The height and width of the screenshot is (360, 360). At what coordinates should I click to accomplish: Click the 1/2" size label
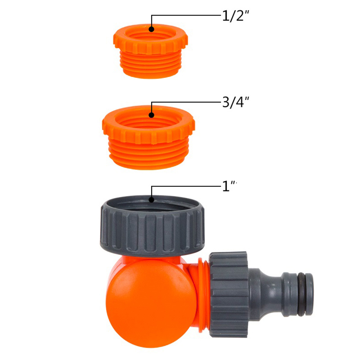(x=236, y=16)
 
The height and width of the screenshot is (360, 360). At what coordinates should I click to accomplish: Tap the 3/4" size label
(x=236, y=102)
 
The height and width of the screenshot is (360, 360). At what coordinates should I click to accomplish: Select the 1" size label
(x=229, y=186)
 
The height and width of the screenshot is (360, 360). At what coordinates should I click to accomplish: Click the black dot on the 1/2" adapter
(x=151, y=29)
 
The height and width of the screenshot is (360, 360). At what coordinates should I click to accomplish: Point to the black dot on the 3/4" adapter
(x=151, y=115)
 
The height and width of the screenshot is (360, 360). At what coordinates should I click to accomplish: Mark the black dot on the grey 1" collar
(x=151, y=199)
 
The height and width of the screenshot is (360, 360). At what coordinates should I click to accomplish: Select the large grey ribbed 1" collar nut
(x=152, y=226)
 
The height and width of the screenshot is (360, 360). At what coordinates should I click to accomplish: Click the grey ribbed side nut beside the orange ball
(x=229, y=294)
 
